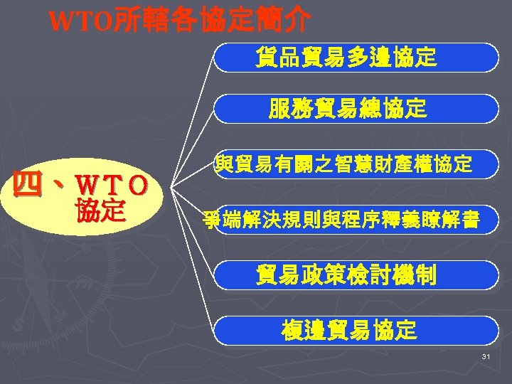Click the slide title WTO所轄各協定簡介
(x=178, y=21)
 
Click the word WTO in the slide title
(x=79, y=22)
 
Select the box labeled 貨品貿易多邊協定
(x=356, y=58)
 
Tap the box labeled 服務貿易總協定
(x=356, y=109)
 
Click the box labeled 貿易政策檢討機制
(x=356, y=275)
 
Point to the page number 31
(x=486, y=357)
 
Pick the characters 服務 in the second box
(x=288, y=109)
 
